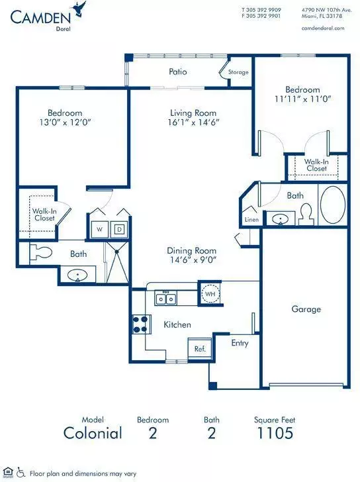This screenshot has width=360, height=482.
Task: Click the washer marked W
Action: pos(100,229)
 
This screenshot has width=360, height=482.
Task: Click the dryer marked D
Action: pos(119,229)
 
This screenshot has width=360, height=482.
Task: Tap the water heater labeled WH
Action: pos(210,293)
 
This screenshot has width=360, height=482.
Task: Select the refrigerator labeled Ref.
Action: pos(200,348)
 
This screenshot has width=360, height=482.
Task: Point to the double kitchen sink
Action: pos(166,299)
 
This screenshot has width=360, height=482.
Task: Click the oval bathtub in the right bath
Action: pos(333,205)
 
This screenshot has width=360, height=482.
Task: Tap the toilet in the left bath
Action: pos(40,253)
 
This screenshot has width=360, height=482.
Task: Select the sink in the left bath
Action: pos(77,275)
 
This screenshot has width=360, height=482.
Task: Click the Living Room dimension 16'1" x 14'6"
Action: pos(193,122)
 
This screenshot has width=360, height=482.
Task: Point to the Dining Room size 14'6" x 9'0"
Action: pos(193,260)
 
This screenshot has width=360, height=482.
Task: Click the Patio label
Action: pos(178,72)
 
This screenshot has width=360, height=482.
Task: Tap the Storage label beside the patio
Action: pos(238,72)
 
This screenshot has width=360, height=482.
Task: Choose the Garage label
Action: pos(306,309)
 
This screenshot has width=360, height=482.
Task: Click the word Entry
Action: pos(240,343)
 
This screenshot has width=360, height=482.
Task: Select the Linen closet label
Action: pos(251,220)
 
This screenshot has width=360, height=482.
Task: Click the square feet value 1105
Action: pos(275,433)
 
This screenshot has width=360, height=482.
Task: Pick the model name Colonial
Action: pos(93,433)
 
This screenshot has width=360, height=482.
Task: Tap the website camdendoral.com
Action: pos(323,28)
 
